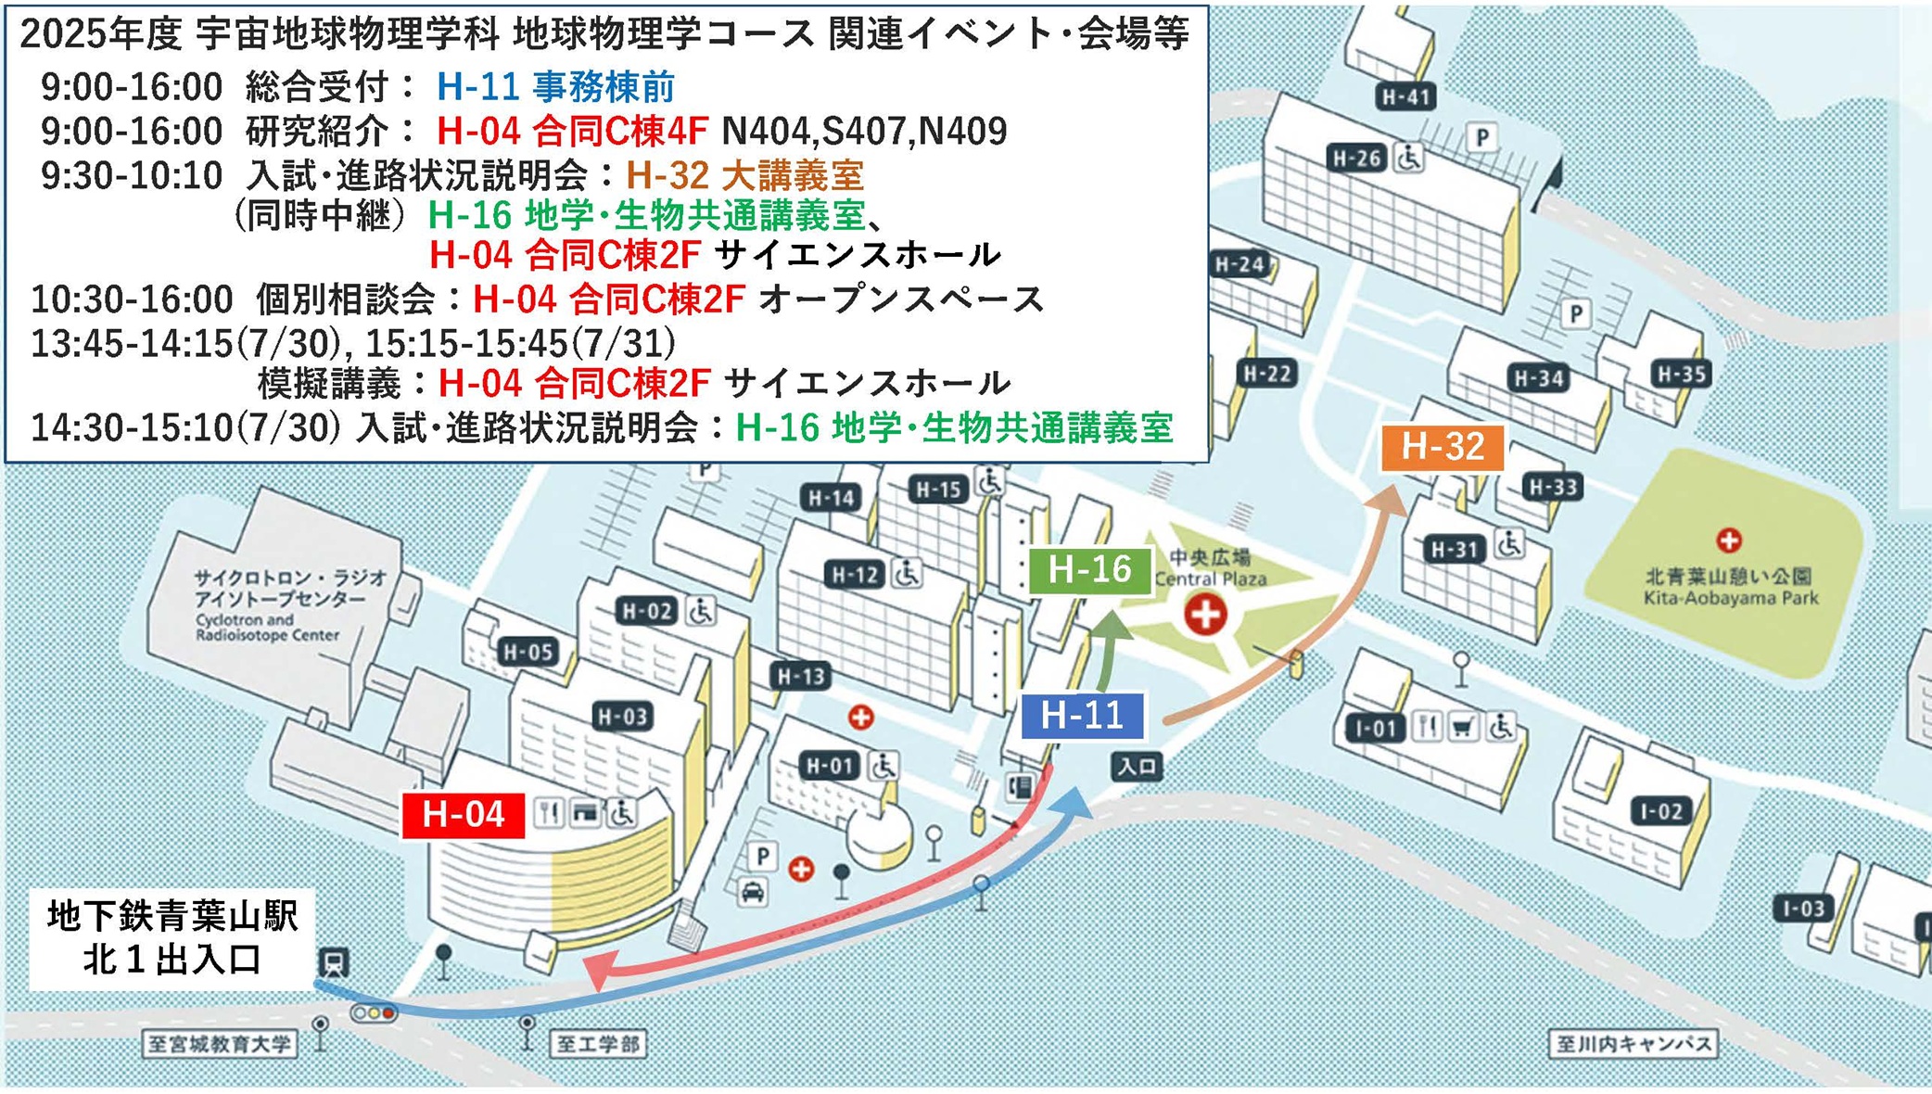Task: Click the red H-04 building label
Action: tap(464, 815)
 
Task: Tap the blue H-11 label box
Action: tap(1082, 715)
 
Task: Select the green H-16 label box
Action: tap(1089, 569)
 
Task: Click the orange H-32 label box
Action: tap(1443, 447)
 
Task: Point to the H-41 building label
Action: tap(1405, 96)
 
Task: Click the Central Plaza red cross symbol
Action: tap(1205, 614)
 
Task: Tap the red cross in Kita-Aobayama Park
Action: tap(1728, 540)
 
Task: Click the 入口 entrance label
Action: tap(1137, 767)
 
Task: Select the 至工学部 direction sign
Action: tap(598, 1045)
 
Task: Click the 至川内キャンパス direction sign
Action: tap(1633, 1044)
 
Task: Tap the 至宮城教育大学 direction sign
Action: tap(219, 1045)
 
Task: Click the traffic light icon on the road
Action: tap(375, 1013)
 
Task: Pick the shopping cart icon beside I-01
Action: tap(1463, 728)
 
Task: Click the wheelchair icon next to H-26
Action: tap(1409, 158)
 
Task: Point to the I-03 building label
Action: tap(1803, 909)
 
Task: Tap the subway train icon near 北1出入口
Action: tap(334, 962)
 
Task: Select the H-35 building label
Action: tap(1681, 375)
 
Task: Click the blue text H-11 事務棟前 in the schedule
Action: tap(555, 87)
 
